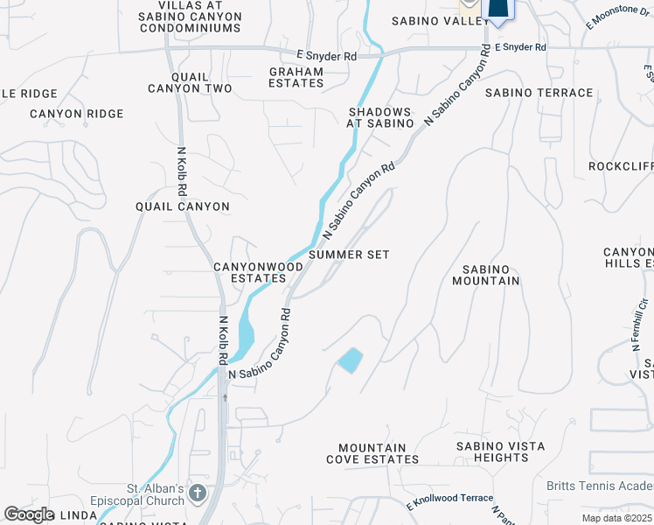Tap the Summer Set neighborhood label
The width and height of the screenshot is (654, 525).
[x=348, y=255]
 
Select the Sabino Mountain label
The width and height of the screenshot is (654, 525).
[x=486, y=275]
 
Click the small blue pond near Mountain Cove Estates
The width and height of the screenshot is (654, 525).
[x=351, y=360]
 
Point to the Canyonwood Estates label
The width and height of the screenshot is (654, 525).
[x=250, y=271]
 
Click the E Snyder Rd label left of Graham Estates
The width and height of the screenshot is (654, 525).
[x=325, y=56]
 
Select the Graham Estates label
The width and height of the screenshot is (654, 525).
[x=296, y=78]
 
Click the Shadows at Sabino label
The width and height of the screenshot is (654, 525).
[x=380, y=117]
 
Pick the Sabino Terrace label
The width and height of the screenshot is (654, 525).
[x=539, y=93]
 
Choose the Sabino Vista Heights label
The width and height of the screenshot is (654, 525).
[x=500, y=452]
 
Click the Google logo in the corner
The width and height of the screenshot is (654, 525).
[x=29, y=514]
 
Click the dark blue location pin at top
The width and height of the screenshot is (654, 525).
[x=497, y=8]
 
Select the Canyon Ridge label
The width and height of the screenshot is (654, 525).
[x=77, y=114]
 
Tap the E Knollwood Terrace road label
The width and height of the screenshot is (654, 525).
[x=449, y=500]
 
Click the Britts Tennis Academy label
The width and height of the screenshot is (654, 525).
[x=599, y=486]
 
